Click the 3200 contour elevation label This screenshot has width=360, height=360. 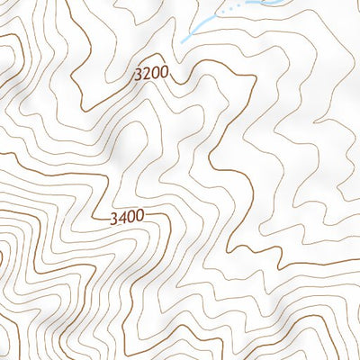[149, 76]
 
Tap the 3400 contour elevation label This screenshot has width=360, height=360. [126, 217]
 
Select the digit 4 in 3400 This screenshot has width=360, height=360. [121, 217]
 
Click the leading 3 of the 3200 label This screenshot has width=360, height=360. [136, 76]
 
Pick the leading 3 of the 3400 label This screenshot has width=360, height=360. [112, 217]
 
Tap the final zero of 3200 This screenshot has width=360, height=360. [163, 76]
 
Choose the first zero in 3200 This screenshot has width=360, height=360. [154, 76]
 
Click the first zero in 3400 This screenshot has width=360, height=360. [130, 217]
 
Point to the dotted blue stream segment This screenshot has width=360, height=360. [230, 8]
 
